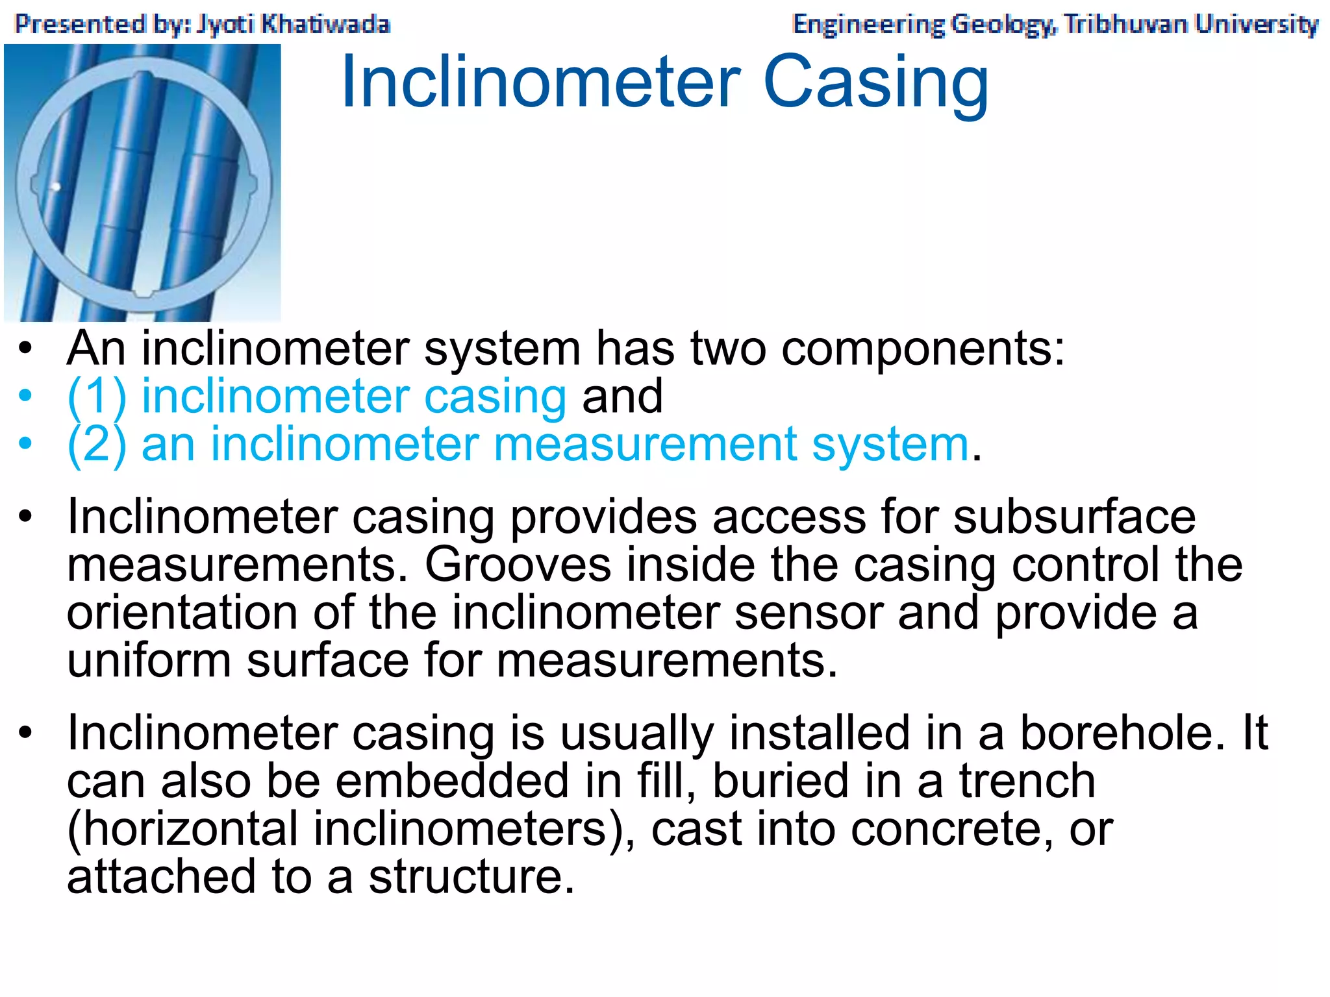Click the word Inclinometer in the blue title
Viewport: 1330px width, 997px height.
540,82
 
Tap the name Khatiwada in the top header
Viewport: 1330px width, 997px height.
325,24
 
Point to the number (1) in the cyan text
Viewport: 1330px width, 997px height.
97,397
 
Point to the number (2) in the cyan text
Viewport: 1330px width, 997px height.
97,445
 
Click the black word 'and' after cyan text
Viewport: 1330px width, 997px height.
622,397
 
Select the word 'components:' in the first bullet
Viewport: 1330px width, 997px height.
923,349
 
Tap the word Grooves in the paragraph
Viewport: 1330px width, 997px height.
518,565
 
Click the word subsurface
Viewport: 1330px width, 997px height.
1074,517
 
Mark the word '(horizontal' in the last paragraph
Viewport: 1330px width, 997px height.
182,829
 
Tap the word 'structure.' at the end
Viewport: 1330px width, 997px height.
471,877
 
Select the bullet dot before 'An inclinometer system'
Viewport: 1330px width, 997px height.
25,349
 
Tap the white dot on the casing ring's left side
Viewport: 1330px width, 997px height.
56,187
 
